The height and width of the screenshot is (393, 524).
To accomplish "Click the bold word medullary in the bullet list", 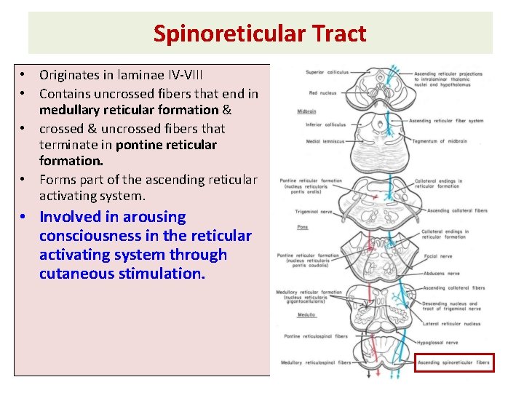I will tap(77, 110).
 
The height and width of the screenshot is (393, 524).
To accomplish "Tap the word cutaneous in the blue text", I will tap(73, 274).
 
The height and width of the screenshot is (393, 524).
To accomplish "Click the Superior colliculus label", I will tap(327, 73).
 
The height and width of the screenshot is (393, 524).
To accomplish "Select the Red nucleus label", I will tap(322, 93).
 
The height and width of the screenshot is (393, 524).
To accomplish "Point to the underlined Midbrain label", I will tap(306, 111).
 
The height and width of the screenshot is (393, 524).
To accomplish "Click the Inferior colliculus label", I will tap(325, 124).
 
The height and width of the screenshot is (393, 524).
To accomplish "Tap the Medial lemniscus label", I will tap(323, 141).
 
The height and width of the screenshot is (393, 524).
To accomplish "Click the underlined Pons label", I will tap(302, 227).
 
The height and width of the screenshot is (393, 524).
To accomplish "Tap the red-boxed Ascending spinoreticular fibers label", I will tap(455, 362).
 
